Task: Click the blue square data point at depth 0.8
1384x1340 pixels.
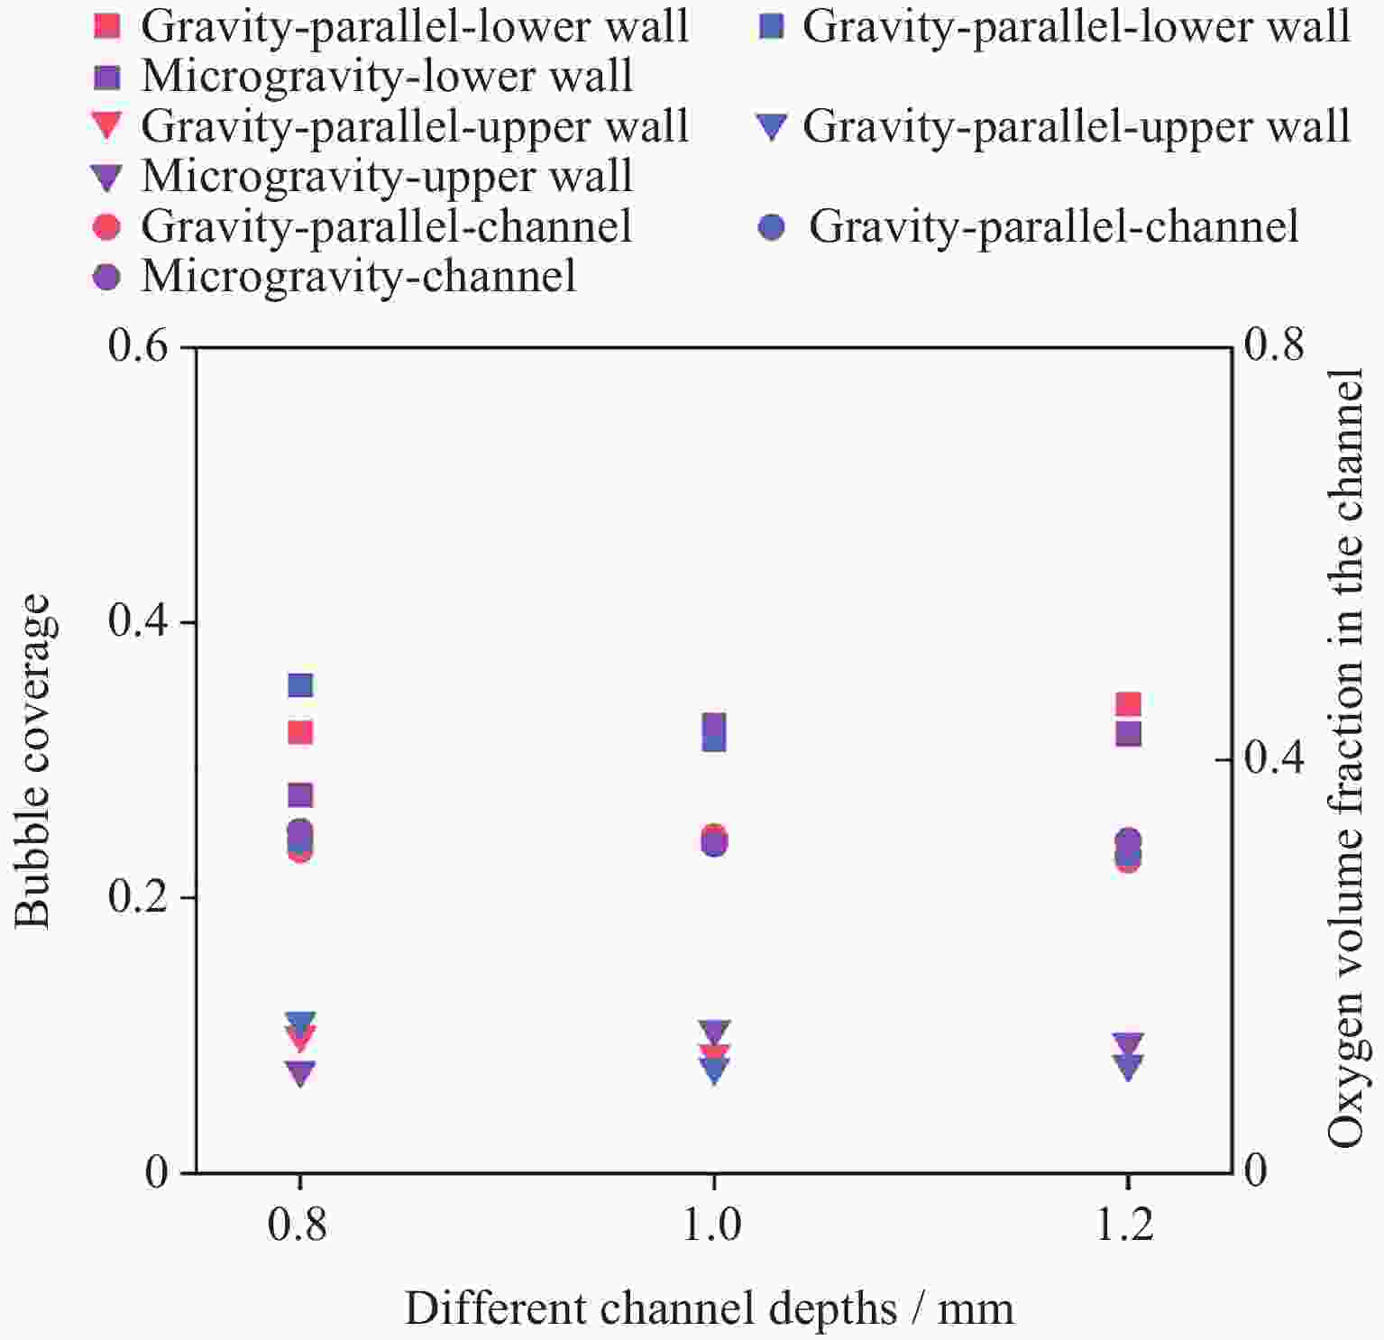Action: [300, 685]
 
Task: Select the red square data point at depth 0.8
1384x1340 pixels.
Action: [300, 731]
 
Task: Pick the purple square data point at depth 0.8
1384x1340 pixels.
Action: [300, 795]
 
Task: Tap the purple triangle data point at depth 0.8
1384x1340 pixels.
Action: [300, 1073]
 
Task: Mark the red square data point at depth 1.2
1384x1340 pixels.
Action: [1128, 704]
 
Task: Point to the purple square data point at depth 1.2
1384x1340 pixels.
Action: [1128, 733]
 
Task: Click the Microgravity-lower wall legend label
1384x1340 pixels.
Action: [387, 77]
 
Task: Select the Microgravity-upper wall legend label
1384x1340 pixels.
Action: [387, 176]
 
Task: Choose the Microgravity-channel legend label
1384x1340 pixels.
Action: [359, 275]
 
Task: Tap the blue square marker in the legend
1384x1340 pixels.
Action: [771, 27]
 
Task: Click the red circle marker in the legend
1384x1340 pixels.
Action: [107, 225]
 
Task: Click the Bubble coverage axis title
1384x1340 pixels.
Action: [34, 760]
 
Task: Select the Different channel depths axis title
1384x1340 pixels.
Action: [710, 1308]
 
